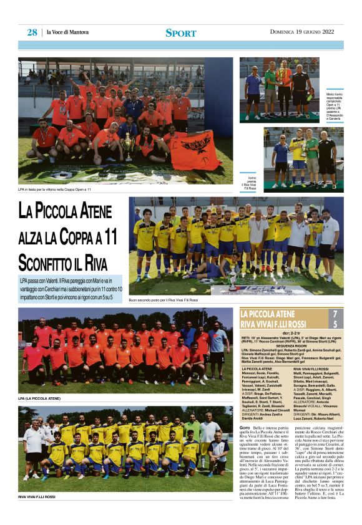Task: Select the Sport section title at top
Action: (180, 33)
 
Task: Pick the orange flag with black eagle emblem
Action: (194, 150)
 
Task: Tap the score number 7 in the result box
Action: (335, 314)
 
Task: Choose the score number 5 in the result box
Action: (335, 324)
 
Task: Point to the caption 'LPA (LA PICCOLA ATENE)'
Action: (40, 398)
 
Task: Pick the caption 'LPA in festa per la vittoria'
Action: (55, 189)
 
